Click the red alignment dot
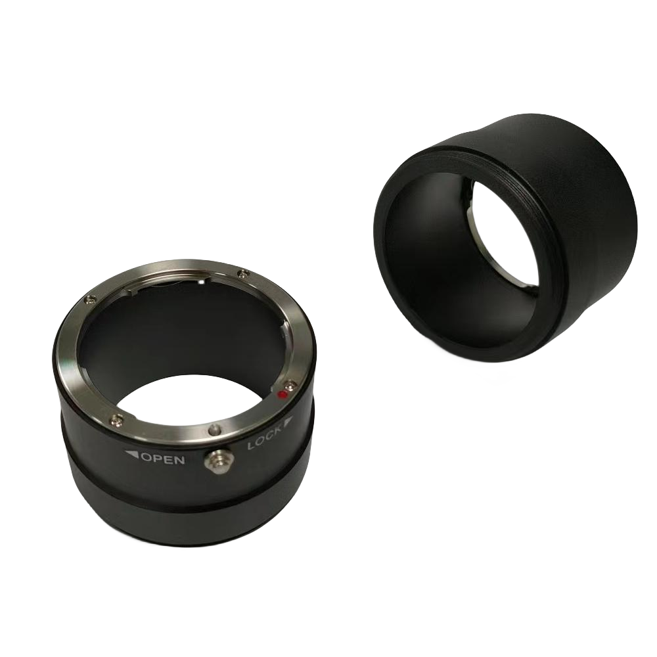pyautogui.click(x=281, y=395)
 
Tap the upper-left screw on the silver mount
pyautogui.click(x=87, y=301)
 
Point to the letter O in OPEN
pyautogui.click(x=147, y=457)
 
